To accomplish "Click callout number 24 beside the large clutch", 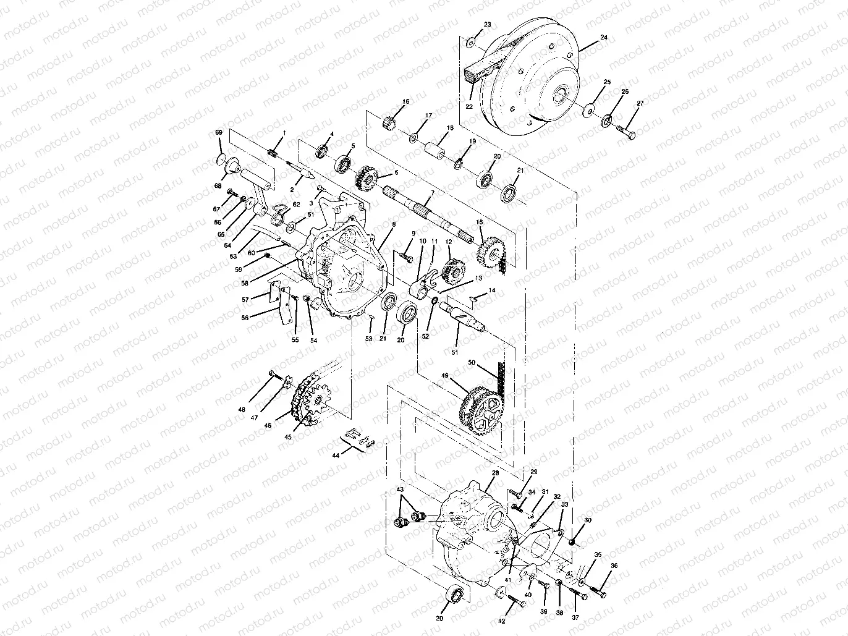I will click(x=604, y=37).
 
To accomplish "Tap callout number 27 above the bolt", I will click(x=640, y=103).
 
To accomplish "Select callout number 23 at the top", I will click(x=488, y=25).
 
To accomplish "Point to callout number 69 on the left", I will click(x=218, y=134).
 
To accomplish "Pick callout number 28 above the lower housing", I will click(x=494, y=473).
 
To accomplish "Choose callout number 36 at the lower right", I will click(x=614, y=565).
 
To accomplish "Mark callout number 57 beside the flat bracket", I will click(x=245, y=300).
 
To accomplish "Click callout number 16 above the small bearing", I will click(x=406, y=101).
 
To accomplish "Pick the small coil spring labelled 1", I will click(x=273, y=153).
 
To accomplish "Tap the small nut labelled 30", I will click(x=572, y=542).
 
